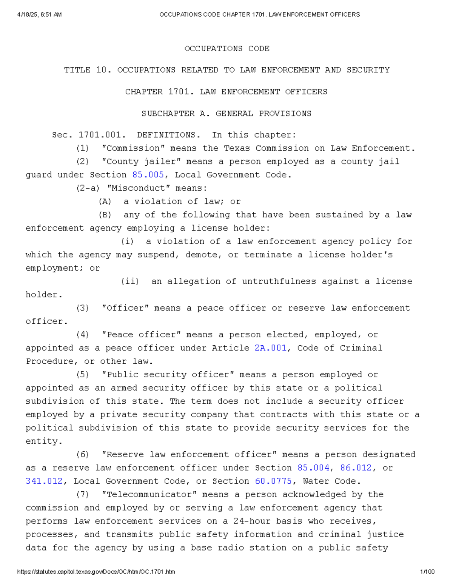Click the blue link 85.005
148,175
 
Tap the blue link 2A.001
270,348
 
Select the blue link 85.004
313,468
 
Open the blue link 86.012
356,468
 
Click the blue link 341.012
44,481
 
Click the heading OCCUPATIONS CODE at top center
227,49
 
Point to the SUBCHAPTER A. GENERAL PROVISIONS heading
226,114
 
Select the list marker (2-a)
88,188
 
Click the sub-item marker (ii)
130,281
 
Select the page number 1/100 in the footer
427,572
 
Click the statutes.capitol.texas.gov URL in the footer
96,572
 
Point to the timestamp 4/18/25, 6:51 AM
39,15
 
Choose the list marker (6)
83,455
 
